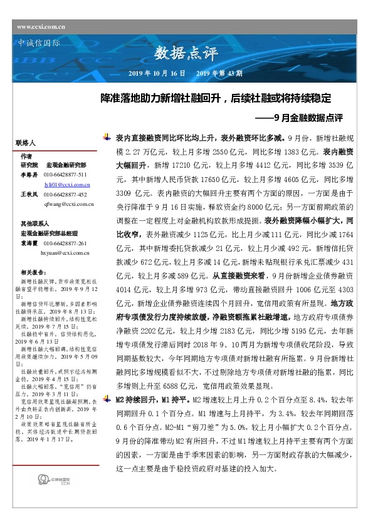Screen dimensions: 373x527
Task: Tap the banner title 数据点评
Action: click(186, 54)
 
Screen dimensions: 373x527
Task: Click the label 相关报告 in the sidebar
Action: click(32, 272)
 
